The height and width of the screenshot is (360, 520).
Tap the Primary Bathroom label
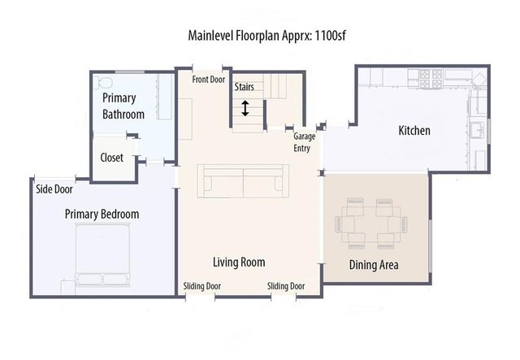point(123,106)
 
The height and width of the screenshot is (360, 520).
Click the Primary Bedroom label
point(102,215)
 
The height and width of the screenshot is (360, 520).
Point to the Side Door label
point(54,189)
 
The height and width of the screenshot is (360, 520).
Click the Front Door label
point(209,80)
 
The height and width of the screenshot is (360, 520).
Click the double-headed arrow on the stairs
point(245,108)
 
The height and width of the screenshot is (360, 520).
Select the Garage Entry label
point(304,143)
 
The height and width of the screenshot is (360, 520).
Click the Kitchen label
point(414,131)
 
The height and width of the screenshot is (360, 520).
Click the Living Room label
point(239,262)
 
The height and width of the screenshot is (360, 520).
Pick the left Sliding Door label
point(201,286)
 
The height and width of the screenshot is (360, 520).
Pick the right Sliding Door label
point(286,286)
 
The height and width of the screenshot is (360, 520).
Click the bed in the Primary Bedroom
point(102,254)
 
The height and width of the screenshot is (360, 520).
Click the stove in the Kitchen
point(430,78)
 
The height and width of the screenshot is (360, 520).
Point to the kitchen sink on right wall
point(477,129)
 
